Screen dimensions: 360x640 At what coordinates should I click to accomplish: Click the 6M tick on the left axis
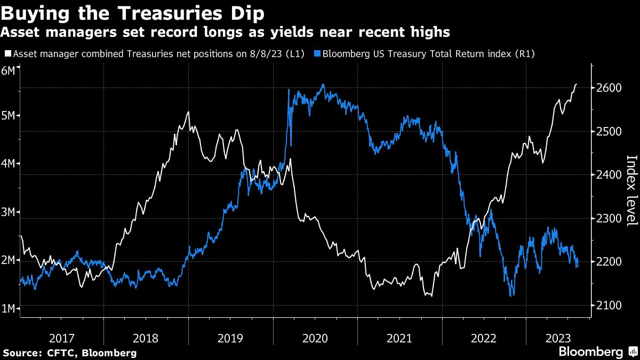click(x=9, y=71)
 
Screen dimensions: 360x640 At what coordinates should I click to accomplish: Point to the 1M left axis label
click(x=9, y=309)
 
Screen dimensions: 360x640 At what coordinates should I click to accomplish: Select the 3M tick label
click(x=9, y=212)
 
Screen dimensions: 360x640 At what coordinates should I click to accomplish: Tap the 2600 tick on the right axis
click(x=606, y=87)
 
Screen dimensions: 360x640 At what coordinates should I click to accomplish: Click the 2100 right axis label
click(x=606, y=306)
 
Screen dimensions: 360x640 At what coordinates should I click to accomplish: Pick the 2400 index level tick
click(x=606, y=175)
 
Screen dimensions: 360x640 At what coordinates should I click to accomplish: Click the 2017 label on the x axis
click(x=62, y=338)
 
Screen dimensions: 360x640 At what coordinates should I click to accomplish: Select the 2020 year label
click(x=315, y=338)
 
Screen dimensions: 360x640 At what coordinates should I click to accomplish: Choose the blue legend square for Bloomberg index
click(x=318, y=54)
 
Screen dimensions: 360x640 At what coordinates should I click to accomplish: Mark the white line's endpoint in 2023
click(x=577, y=84)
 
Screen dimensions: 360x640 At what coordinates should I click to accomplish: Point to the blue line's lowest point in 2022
click(x=512, y=295)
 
